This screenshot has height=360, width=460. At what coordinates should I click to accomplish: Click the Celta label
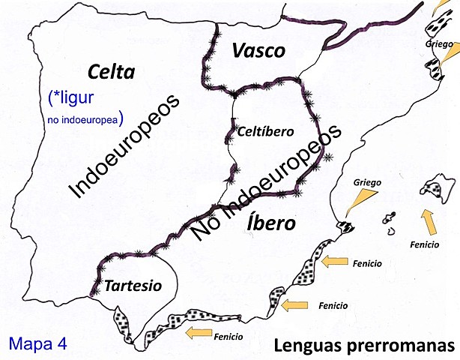tap(110, 72)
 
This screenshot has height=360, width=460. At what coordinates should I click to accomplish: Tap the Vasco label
tap(258, 51)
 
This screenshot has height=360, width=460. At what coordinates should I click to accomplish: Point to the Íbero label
tap(270, 223)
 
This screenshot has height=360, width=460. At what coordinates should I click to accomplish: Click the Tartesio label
tap(133, 286)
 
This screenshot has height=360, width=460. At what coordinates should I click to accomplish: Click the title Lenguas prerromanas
tap(364, 346)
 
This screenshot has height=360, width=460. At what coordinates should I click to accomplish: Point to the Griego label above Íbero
tap(368, 181)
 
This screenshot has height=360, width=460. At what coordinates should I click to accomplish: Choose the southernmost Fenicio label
tap(228, 337)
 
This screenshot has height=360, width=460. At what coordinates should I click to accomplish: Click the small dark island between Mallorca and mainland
tap(389, 220)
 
